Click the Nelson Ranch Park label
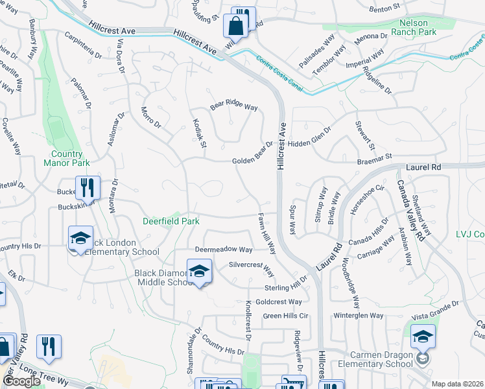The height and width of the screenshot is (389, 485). pyautogui.click(x=414, y=27)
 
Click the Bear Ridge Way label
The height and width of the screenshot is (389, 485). pyautogui.click(x=233, y=107)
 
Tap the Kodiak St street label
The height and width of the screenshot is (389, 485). pyautogui.click(x=198, y=132)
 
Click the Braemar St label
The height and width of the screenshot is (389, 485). pyautogui.click(x=375, y=157)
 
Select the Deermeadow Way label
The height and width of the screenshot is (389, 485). pyautogui.click(x=224, y=250)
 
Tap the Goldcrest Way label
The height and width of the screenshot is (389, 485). pyautogui.click(x=279, y=302)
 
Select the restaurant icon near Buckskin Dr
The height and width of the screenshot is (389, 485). pyautogui.click(x=88, y=187)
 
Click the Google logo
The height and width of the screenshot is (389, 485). pyautogui.click(x=21, y=381)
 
